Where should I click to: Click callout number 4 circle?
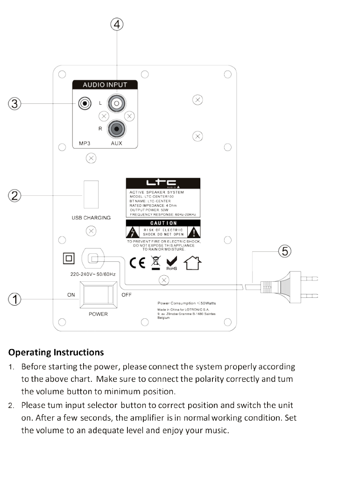pyautogui.click(x=117, y=25)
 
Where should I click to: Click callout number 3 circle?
pyautogui.click(x=15, y=103)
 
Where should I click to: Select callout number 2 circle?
pyautogui.click(x=15, y=195)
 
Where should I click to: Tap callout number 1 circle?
pyautogui.click(x=15, y=299)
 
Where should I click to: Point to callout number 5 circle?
pyautogui.click(x=285, y=251)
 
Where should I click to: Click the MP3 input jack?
pyautogui.click(x=85, y=103)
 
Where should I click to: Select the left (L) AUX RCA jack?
pyautogui.click(x=116, y=103)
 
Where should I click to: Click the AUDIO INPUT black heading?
pyautogui.click(x=105, y=85)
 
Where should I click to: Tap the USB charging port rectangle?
pyautogui.click(x=91, y=194)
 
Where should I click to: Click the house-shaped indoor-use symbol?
pyautogui.click(x=193, y=263)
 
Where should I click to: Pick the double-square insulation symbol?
pyautogui.click(x=69, y=258)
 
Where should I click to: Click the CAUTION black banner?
pyautogui.click(x=163, y=223)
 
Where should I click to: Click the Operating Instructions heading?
pyautogui.click(x=56, y=352)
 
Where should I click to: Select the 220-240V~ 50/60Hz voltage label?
pyautogui.click(x=93, y=274)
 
